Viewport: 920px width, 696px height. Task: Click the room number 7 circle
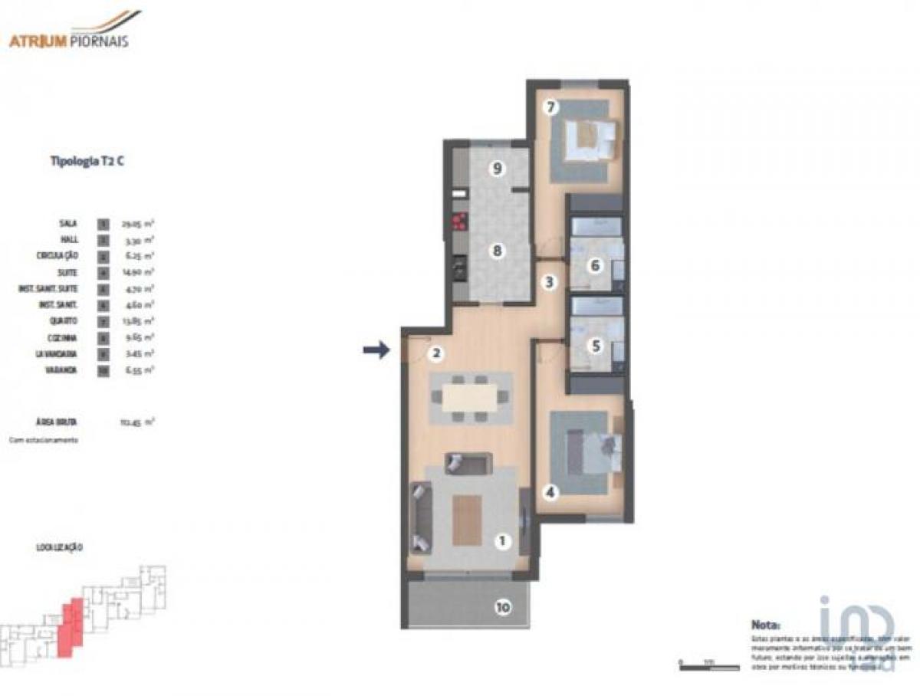pos(550,107)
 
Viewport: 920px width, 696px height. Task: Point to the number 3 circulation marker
pos(549,282)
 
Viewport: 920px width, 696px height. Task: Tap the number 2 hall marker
pos(435,353)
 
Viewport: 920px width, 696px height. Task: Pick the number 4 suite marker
pos(550,491)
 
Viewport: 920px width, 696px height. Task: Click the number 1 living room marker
pos(503,542)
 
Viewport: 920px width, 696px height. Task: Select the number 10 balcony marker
pos(503,608)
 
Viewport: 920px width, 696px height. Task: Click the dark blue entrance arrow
pos(376,350)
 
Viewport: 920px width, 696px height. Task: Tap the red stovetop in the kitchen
pos(461,223)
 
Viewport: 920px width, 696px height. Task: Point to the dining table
pos(469,397)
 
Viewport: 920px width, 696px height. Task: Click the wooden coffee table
pos(467,520)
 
